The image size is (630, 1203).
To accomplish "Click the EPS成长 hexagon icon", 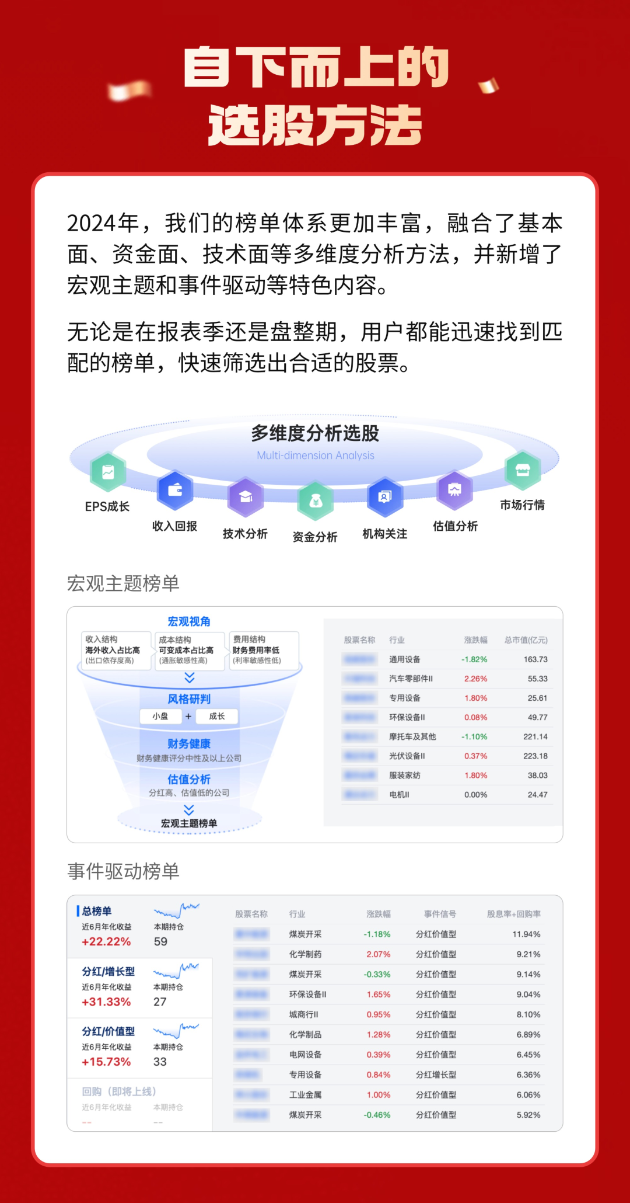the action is [108, 472].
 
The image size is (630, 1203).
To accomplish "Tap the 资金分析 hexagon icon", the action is [316, 500].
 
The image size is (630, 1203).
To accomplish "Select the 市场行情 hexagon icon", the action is [523, 470].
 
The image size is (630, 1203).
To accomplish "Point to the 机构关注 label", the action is [385, 534].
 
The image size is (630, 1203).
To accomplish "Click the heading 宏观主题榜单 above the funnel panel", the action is [123, 583].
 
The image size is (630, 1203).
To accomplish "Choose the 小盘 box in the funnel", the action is [160, 716].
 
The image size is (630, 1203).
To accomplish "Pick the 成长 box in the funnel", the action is [216, 716].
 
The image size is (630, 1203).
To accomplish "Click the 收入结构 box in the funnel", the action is [113, 650].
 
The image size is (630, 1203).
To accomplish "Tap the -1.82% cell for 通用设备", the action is [474, 659].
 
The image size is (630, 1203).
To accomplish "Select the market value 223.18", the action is [535, 756].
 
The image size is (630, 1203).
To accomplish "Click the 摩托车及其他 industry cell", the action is [412, 736].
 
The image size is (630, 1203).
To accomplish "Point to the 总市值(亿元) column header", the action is [526, 640].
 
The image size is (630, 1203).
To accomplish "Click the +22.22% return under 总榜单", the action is [106, 941].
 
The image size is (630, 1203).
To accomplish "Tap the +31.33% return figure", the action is [106, 1002].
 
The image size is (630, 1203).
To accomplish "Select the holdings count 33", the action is [160, 1062].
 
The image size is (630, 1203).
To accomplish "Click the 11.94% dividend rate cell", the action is [526, 934].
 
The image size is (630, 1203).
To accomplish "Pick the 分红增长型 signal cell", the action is [436, 1075].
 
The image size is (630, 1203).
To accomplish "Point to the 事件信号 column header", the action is [440, 914].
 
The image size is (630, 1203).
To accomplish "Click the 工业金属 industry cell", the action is [305, 1095].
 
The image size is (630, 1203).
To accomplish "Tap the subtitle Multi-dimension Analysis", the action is [316, 456].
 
